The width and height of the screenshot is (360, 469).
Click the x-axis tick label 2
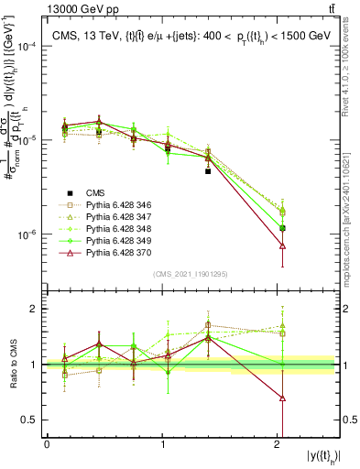click(x=278, y=444)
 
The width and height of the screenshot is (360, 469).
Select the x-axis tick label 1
click(x=162, y=444)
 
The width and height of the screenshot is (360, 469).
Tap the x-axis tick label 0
click(x=47, y=444)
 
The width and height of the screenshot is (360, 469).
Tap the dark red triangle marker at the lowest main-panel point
click(x=282, y=245)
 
